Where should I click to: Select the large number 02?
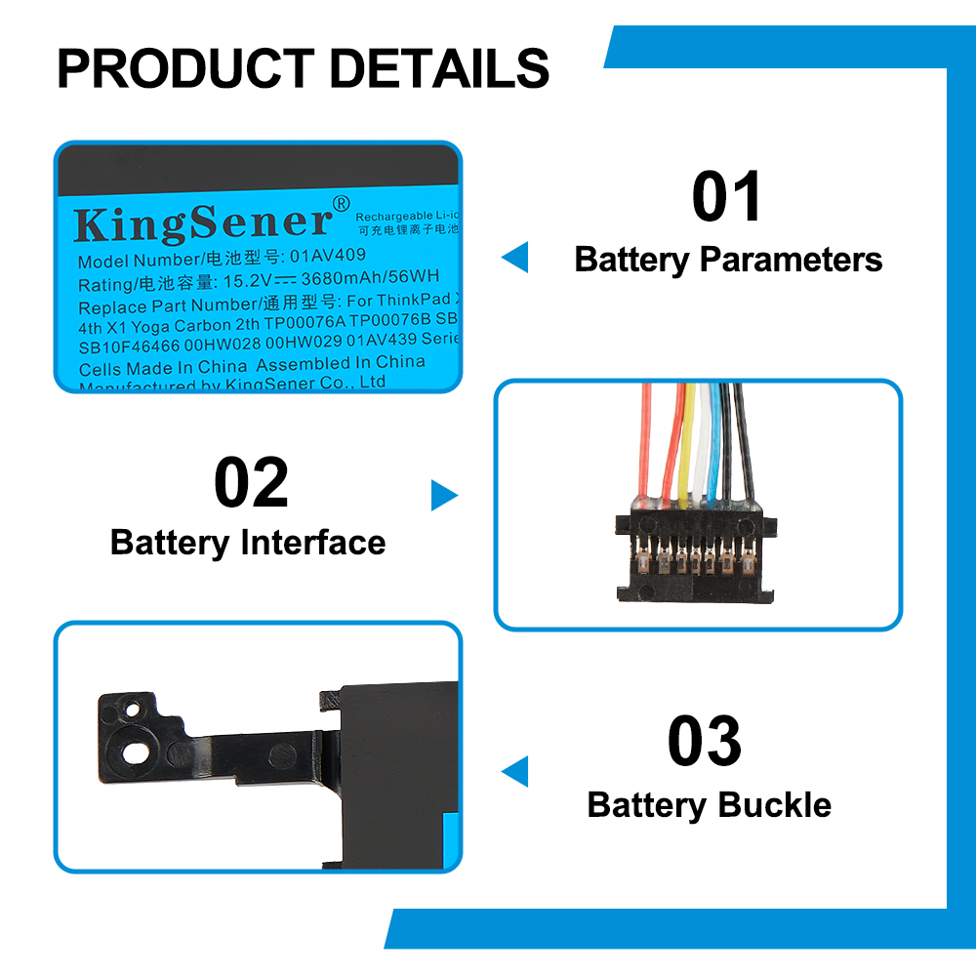251,484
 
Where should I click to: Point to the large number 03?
705,742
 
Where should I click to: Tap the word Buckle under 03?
775,805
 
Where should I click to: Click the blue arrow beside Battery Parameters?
514,258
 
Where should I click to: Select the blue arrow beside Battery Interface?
444,496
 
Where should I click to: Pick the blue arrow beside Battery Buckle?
514,771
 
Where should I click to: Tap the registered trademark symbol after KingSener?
341,203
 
